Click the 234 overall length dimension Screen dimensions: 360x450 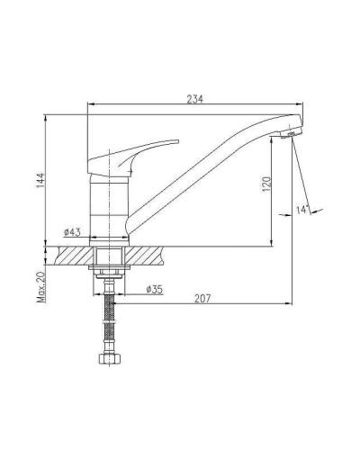[194, 99]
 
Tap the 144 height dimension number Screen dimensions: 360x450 [40, 180]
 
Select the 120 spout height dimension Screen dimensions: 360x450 [266, 184]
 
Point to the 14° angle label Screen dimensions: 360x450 [302, 210]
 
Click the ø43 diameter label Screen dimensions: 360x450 [72, 231]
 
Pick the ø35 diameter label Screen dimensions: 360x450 [154, 289]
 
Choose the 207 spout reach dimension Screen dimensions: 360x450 [202, 299]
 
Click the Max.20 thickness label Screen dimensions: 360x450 [40, 287]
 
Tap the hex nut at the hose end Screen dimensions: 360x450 [109, 359]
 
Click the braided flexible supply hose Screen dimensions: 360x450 [110, 318]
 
